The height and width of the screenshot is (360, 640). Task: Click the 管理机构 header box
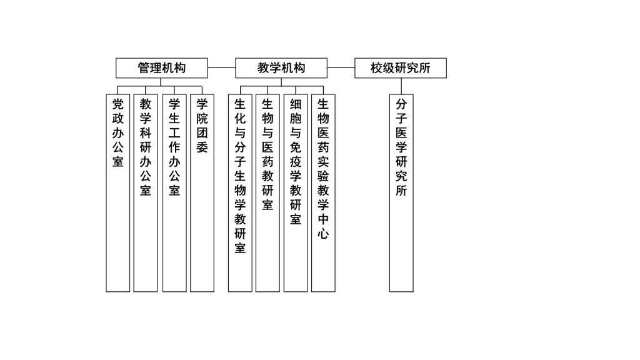click(x=161, y=68)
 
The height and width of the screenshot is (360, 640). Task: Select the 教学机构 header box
click(x=281, y=68)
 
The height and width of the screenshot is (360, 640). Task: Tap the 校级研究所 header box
click(x=401, y=68)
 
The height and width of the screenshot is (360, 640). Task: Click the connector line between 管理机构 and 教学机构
click(x=221, y=67)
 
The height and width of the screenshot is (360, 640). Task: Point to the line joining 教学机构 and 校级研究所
click(x=341, y=67)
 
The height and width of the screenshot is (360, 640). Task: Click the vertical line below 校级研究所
click(x=401, y=86)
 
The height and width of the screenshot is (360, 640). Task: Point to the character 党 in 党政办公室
click(x=118, y=104)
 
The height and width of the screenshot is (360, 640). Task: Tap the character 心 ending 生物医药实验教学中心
click(x=323, y=234)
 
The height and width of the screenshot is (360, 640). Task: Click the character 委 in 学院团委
click(x=202, y=147)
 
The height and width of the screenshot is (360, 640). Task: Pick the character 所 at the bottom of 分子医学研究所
click(x=401, y=191)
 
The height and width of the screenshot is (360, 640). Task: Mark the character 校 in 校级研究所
click(x=377, y=68)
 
